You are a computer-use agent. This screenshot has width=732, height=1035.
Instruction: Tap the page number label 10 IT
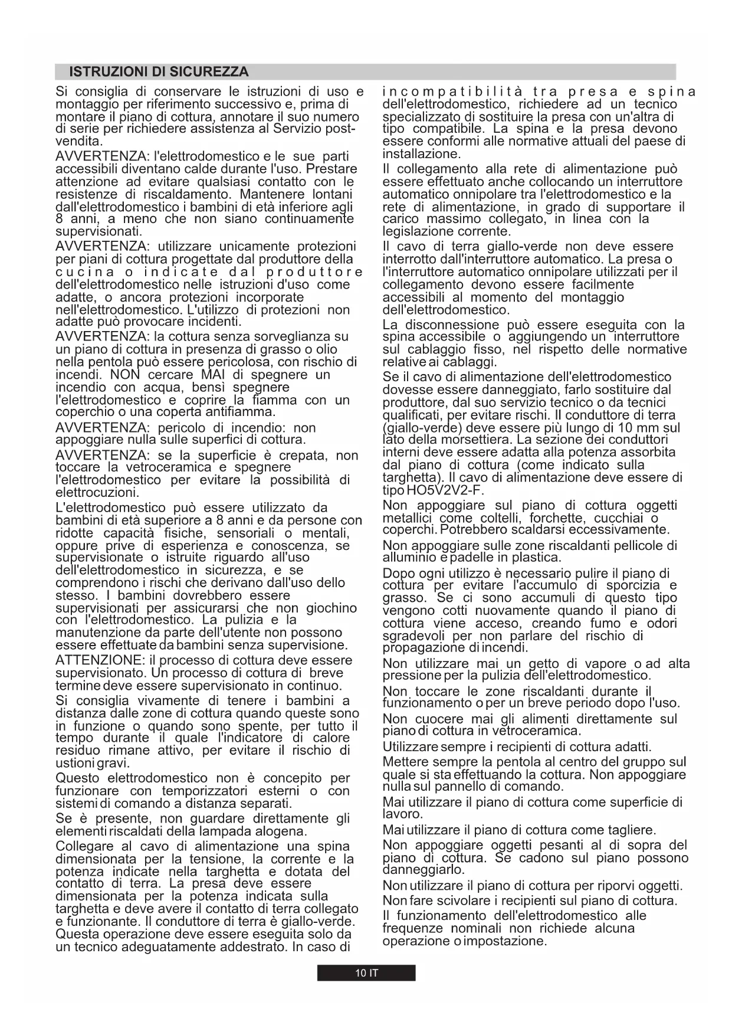(x=366, y=973)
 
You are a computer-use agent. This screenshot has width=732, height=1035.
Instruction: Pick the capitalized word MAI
(x=214, y=375)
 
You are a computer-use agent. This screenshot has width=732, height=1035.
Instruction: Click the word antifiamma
(x=244, y=412)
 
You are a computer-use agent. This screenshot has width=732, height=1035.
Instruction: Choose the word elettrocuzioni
(x=97, y=492)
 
